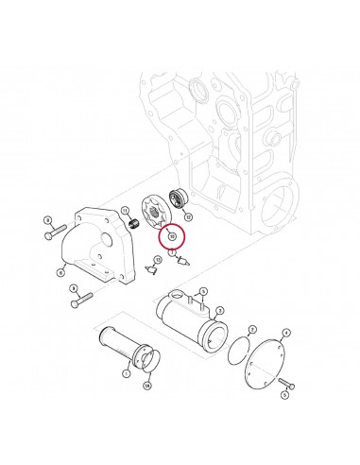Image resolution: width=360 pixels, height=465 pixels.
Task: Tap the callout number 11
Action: pos(125,209)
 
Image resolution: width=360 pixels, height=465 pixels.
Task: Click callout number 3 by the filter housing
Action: pos(220,310)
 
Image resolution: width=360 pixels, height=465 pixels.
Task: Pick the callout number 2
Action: pos(249,331)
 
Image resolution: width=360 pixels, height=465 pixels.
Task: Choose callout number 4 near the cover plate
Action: pos(286,333)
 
